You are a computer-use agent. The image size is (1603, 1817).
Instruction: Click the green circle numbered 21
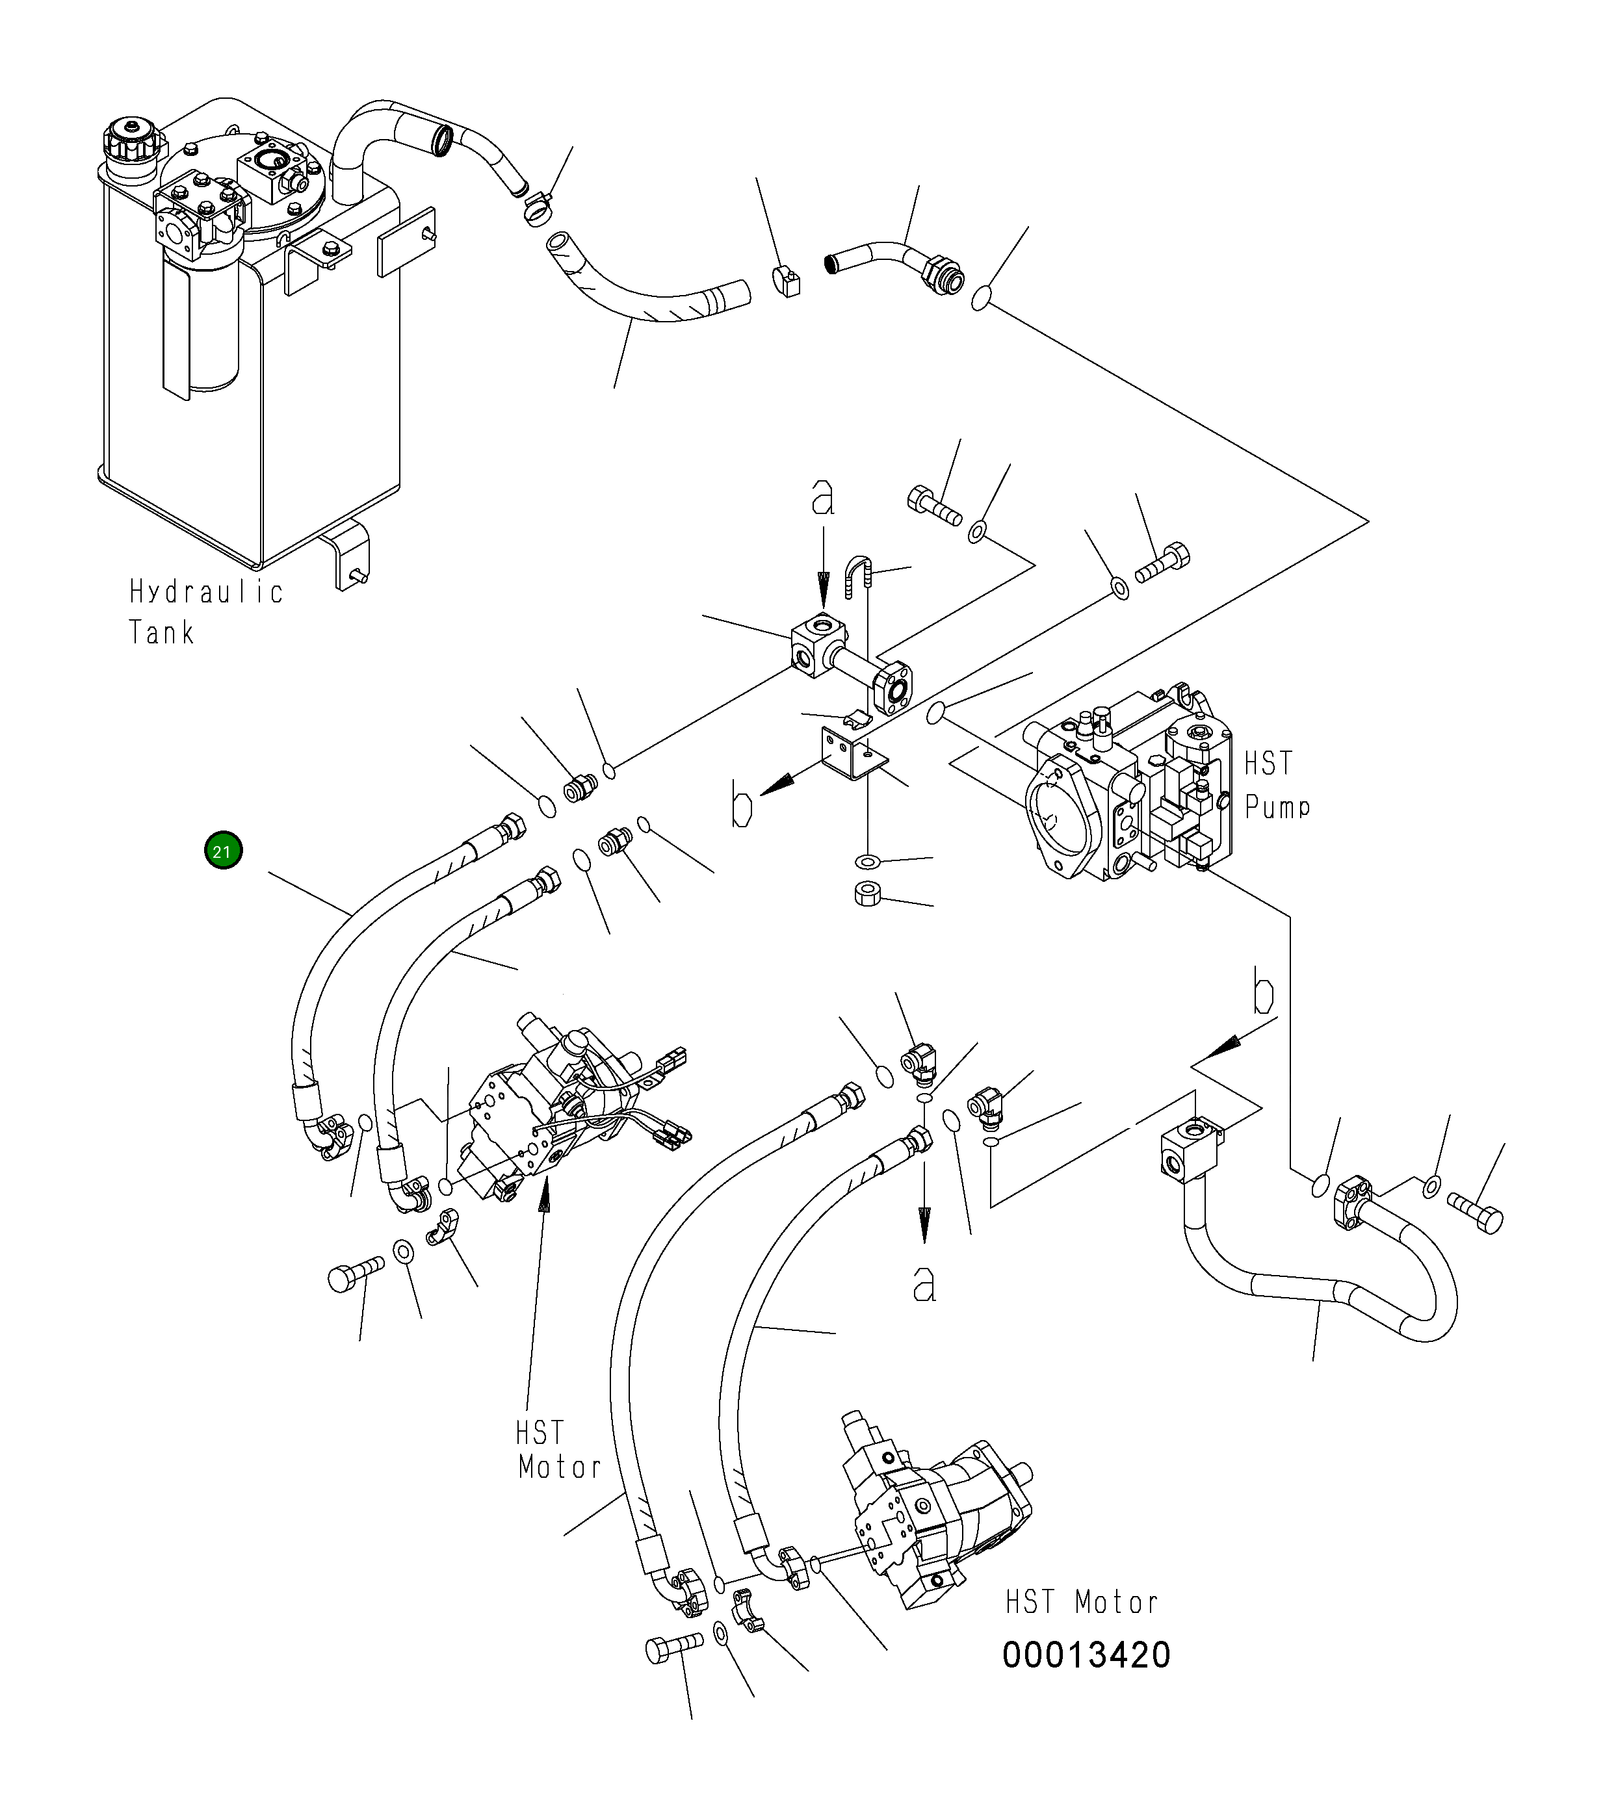[222, 851]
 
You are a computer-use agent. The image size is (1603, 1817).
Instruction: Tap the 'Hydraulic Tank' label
[206, 612]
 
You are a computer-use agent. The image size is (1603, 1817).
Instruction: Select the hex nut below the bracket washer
[867, 894]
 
